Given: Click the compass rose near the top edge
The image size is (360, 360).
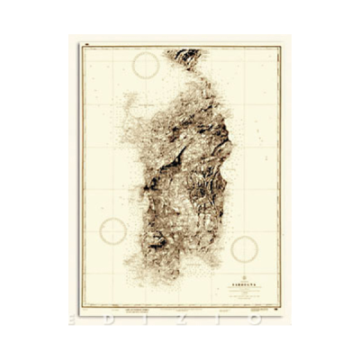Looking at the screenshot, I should pyautogui.click(x=146, y=65).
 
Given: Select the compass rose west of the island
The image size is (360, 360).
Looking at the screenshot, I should pyautogui.click(x=113, y=231).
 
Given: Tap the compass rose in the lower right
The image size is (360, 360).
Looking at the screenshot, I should pyautogui.click(x=244, y=249).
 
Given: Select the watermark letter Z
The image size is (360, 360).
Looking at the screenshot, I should pyautogui.click(x=184, y=319).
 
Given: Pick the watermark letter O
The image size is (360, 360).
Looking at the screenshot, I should pyautogui.click(x=256, y=319).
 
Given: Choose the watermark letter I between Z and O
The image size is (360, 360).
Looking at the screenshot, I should pyautogui.click(x=220, y=319).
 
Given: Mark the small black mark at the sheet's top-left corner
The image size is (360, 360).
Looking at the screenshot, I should pyautogui.click(x=85, y=43).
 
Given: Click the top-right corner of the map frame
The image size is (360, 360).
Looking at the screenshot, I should pyautogui.click(x=280, y=47).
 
